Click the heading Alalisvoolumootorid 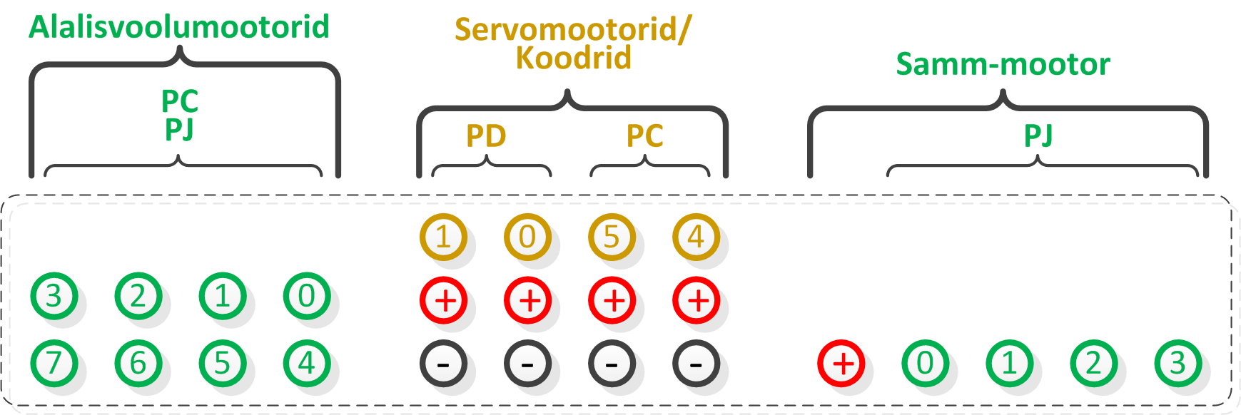pyautogui.click(x=179, y=27)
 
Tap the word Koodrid pyautogui.click(x=574, y=58)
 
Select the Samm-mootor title pyautogui.click(x=1003, y=64)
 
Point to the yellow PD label pyautogui.click(x=486, y=135)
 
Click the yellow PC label pyautogui.click(x=645, y=135)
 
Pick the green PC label pyautogui.click(x=180, y=101)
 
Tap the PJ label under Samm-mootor pyautogui.click(x=1038, y=135)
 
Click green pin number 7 pyautogui.click(x=54, y=363)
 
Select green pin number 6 pyautogui.click(x=138, y=363)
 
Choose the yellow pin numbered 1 pyautogui.click(x=443, y=237)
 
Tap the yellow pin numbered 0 pyautogui.click(x=527, y=237)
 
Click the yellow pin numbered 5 pyautogui.click(x=612, y=237)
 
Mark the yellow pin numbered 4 pyautogui.click(x=696, y=237)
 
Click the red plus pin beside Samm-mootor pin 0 pyautogui.click(x=841, y=364)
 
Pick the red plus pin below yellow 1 pyautogui.click(x=443, y=300)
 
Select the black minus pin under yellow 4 pyautogui.click(x=696, y=364)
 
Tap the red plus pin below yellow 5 pyautogui.click(x=612, y=300)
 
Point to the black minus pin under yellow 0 pyautogui.click(x=527, y=364)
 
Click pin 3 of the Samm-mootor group pyautogui.click(x=1178, y=364)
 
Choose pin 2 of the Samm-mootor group pyautogui.click(x=1094, y=364)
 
